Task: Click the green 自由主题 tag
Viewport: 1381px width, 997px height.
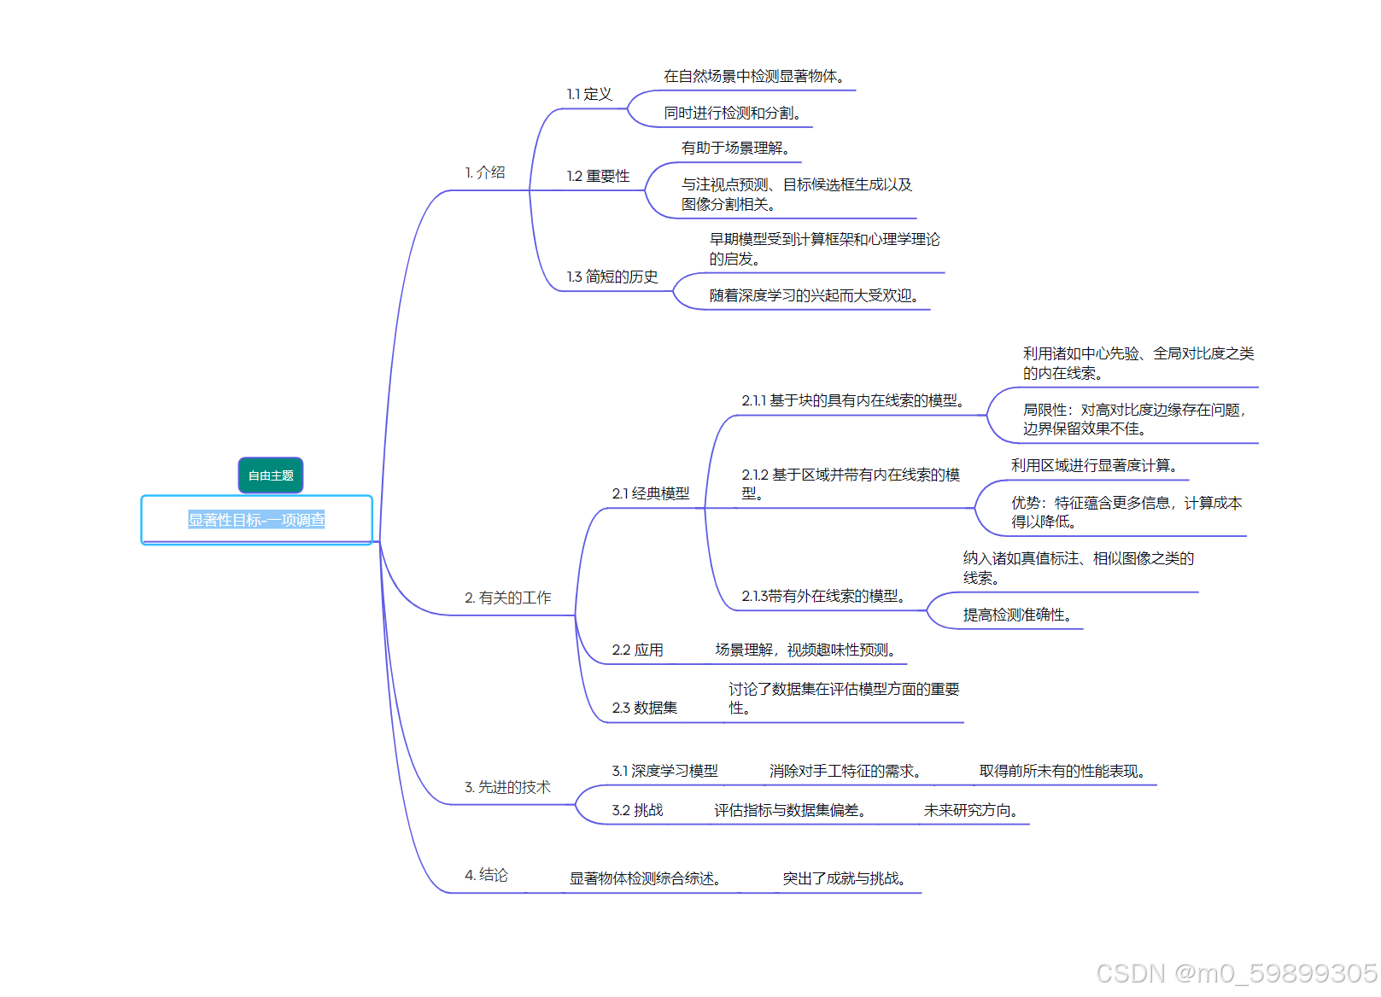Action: (271, 475)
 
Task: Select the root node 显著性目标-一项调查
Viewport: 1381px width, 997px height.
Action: (256, 520)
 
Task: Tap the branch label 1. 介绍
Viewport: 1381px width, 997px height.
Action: (485, 172)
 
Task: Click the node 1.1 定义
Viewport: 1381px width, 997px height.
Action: (589, 94)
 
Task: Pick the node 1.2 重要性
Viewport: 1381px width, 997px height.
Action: (598, 176)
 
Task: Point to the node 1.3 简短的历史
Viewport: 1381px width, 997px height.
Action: (612, 277)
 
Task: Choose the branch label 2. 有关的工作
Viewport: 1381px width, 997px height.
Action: (507, 598)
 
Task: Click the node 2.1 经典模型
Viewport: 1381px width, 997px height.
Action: (650, 493)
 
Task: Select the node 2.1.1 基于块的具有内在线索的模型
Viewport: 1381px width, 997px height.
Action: (853, 400)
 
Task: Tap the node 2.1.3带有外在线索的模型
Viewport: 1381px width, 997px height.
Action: (823, 596)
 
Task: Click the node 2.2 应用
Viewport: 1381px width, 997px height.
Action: (637, 650)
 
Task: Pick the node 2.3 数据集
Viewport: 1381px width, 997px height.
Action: (644, 708)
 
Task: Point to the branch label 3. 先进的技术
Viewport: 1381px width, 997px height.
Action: (507, 787)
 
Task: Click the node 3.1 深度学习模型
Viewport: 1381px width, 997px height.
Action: (664, 771)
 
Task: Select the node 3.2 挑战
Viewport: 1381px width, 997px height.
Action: (637, 810)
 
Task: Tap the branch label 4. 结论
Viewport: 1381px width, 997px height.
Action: (486, 875)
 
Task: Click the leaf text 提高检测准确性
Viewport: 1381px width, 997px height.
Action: (1017, 615)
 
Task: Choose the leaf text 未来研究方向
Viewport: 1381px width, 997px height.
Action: (970, 810)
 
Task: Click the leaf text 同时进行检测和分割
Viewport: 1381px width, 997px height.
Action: (733, 113)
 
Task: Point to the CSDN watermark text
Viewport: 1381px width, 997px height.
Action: (1236, 973)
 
